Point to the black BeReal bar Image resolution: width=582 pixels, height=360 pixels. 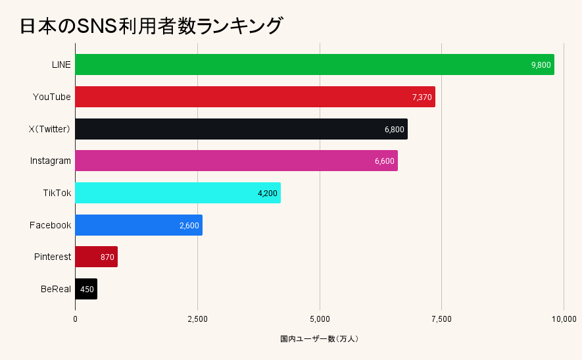(86, 289)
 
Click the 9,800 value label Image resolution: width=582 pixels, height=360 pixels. (541, 64)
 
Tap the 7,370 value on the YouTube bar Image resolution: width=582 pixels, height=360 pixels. (422, 97)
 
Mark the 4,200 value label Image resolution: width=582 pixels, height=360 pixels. (268, 193)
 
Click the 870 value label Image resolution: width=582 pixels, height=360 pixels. (107, 257)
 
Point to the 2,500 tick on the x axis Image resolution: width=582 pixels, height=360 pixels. (197, 319)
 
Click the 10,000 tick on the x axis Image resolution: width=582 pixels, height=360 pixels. (564, 319)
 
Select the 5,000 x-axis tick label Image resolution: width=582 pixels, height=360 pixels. (320, 319)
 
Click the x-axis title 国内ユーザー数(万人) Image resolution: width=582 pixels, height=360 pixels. (319, 339)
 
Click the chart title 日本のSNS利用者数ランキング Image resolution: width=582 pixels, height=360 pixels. (151, 26)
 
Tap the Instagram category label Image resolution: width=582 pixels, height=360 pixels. (51, 161)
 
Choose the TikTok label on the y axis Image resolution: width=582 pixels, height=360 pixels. (57, 193)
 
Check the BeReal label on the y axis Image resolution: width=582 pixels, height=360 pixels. (55, 289)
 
